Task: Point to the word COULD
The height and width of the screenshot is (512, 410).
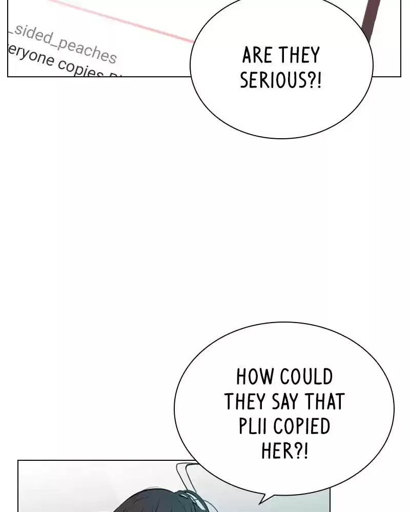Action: pos(306,377)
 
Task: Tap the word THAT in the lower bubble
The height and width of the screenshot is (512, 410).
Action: pos(326,402)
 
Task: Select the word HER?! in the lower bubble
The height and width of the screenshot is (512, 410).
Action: pos(284,451)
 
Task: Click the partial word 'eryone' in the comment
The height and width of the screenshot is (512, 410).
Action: pos(28,57)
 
